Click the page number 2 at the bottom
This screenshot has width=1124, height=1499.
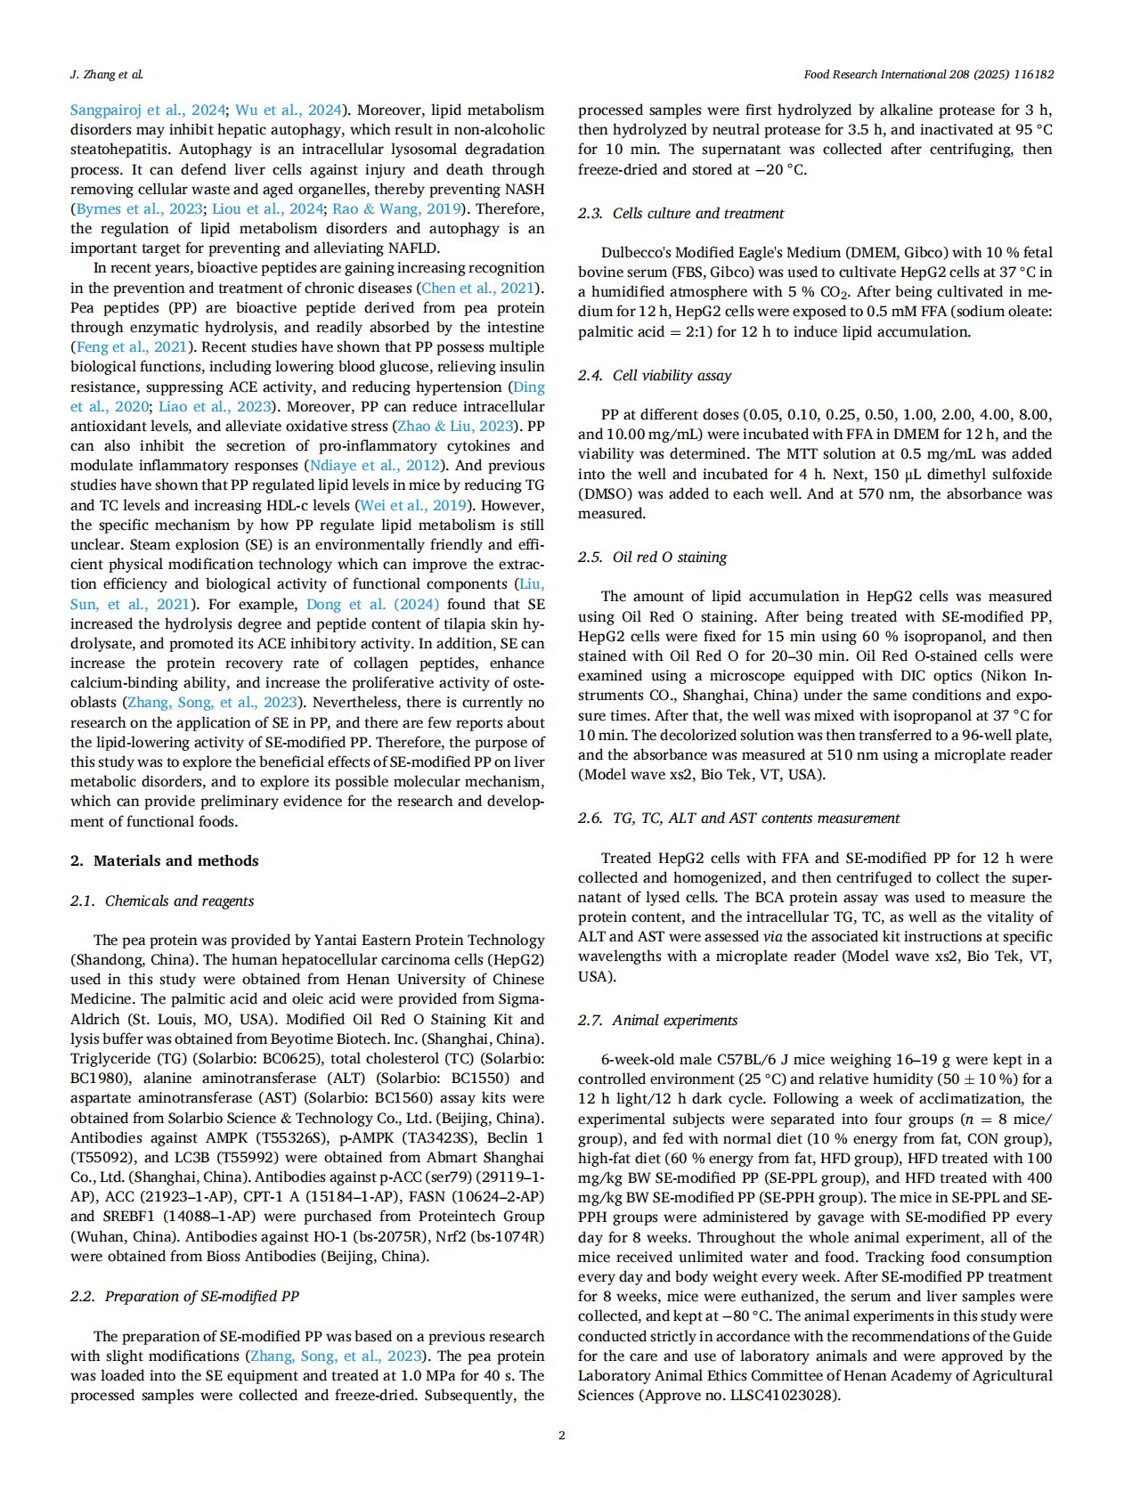(x=561, y=1435)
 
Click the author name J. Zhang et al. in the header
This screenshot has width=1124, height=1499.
(x=106, y=75)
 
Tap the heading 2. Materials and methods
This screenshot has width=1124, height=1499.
(x=164, y=860)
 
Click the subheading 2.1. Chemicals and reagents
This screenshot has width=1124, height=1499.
(x=162, y=900)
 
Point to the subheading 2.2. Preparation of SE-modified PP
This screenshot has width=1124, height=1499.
(x=184, y=1296)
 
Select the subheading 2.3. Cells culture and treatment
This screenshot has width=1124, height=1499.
(x=680, y=213)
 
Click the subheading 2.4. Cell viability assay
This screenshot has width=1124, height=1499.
(x=655, y=375)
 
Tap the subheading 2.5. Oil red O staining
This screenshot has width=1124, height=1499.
(x=652, y=557)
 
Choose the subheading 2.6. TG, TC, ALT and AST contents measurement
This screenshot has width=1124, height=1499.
(x=738, y=818)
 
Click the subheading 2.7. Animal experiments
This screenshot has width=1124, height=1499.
(x=657, y=1020)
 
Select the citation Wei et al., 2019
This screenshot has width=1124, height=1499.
(x=413, y=505)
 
